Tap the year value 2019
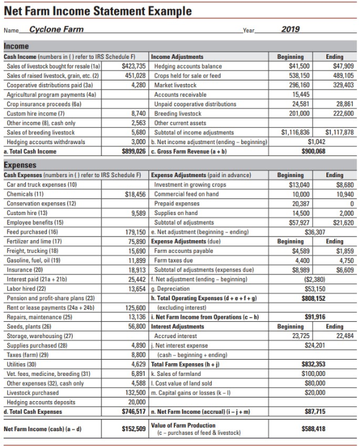[290, 29]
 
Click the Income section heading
[17, 46]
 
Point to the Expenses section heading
[20, 165]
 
